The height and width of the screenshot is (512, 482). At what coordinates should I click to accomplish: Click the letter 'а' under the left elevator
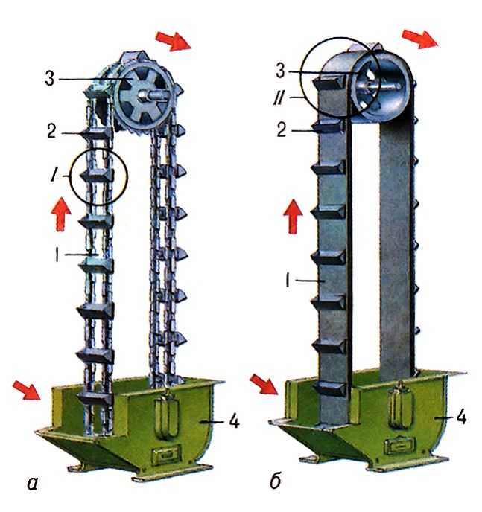point(32,484)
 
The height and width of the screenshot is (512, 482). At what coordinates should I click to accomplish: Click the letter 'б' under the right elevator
point(275,480)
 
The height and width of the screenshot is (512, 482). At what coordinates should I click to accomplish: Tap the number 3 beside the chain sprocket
point(50,79)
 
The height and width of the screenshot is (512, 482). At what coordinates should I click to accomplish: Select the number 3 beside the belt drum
point(280,71)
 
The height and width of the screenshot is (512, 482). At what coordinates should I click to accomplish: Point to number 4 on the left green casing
point(235,421)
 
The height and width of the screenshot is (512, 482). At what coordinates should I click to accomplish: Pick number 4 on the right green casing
point(461,417)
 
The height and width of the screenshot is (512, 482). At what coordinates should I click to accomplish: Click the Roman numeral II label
point(279,97)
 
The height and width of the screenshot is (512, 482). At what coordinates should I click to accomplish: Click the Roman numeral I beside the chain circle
point(53,176)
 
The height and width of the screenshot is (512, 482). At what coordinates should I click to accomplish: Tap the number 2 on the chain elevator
point(51,131)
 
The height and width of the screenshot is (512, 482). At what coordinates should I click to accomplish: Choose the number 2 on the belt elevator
point(282,130)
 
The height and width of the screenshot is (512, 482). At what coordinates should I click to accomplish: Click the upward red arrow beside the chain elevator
point(61,214)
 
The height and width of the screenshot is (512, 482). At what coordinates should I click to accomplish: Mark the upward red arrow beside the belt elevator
point(293,217)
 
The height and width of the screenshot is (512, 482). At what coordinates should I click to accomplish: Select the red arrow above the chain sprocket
point(173,41)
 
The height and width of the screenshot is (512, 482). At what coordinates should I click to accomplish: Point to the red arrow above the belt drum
point(420,39)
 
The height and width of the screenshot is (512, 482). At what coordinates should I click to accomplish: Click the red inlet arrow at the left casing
point(27,390)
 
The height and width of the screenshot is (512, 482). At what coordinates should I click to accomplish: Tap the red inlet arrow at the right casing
point(264,384)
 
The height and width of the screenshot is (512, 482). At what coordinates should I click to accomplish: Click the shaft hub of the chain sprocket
point(145,96)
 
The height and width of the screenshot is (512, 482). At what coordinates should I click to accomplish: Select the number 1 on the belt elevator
point(288,280)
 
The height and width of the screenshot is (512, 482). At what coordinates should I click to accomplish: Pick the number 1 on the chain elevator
point(57,255)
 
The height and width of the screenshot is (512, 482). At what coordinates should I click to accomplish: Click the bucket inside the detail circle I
point(97,176)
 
